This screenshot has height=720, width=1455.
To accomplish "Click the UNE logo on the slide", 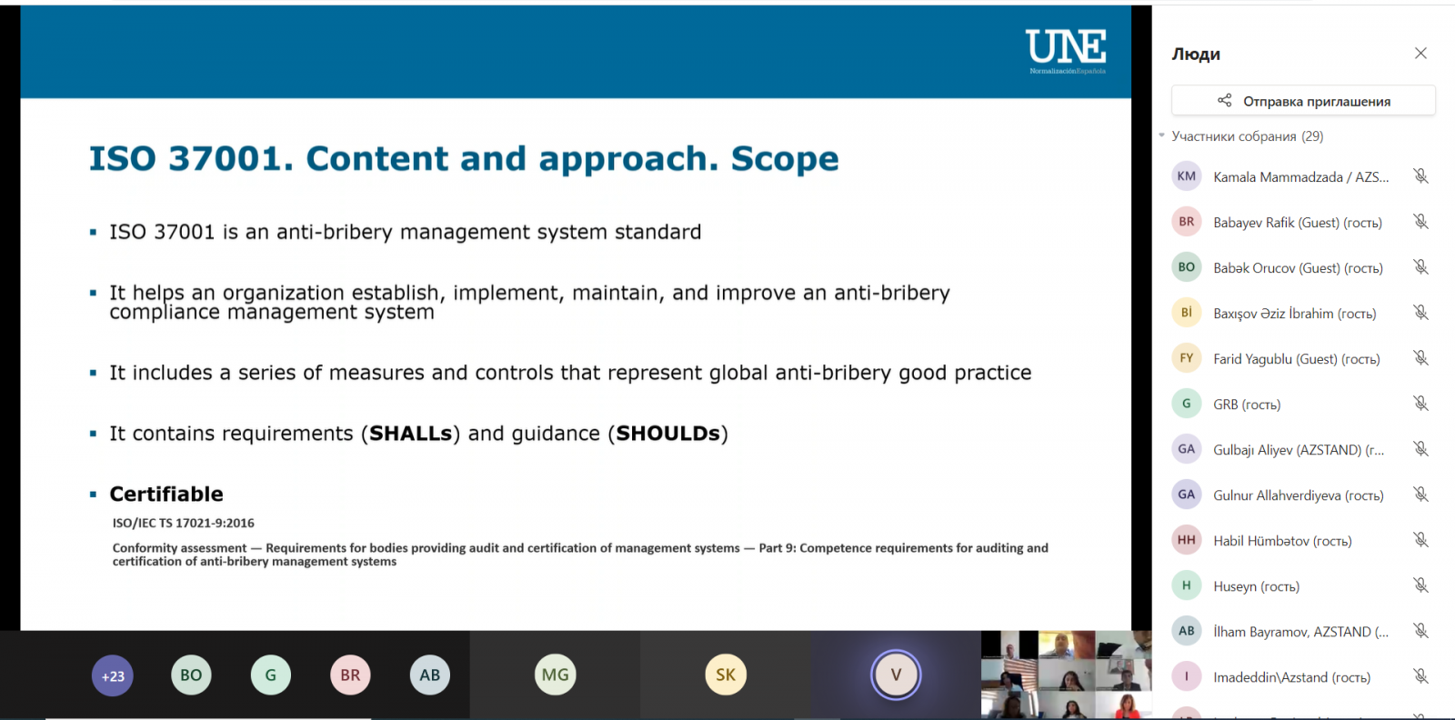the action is pos(1067,51).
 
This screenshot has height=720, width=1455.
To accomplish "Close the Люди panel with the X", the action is pos(1420,54).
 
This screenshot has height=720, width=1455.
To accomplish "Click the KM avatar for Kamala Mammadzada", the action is pos(1186,176).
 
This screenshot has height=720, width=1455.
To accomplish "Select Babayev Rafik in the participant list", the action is pos(1297,223).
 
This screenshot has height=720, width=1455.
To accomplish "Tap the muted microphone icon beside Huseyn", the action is pos(1420,585).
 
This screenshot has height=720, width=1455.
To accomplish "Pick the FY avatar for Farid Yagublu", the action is pos(1186,358).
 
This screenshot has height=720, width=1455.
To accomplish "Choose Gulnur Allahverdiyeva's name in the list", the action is pos(1298,495).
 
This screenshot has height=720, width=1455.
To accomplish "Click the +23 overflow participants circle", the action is pos(113,675).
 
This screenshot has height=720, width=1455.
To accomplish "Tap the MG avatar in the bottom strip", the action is pos(555,675).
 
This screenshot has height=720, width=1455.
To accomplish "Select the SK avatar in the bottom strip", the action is pos(726,675).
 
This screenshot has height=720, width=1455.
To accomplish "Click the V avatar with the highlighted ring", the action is pos(896,675).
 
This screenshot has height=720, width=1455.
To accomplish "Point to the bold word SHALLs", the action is pos(410,433).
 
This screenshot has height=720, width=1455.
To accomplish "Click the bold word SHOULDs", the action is pos(667,433).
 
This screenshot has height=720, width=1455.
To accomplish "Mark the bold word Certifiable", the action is pos(166,494).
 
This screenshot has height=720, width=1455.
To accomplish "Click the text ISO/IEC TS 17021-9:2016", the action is pos(183,523).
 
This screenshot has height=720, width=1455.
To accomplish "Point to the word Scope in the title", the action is pos(785,159).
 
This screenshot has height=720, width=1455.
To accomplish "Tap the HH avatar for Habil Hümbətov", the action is pos(1186,539).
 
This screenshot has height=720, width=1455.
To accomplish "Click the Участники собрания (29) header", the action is pos(1247,136).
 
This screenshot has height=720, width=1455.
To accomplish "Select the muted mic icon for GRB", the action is pos(1420,404).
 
